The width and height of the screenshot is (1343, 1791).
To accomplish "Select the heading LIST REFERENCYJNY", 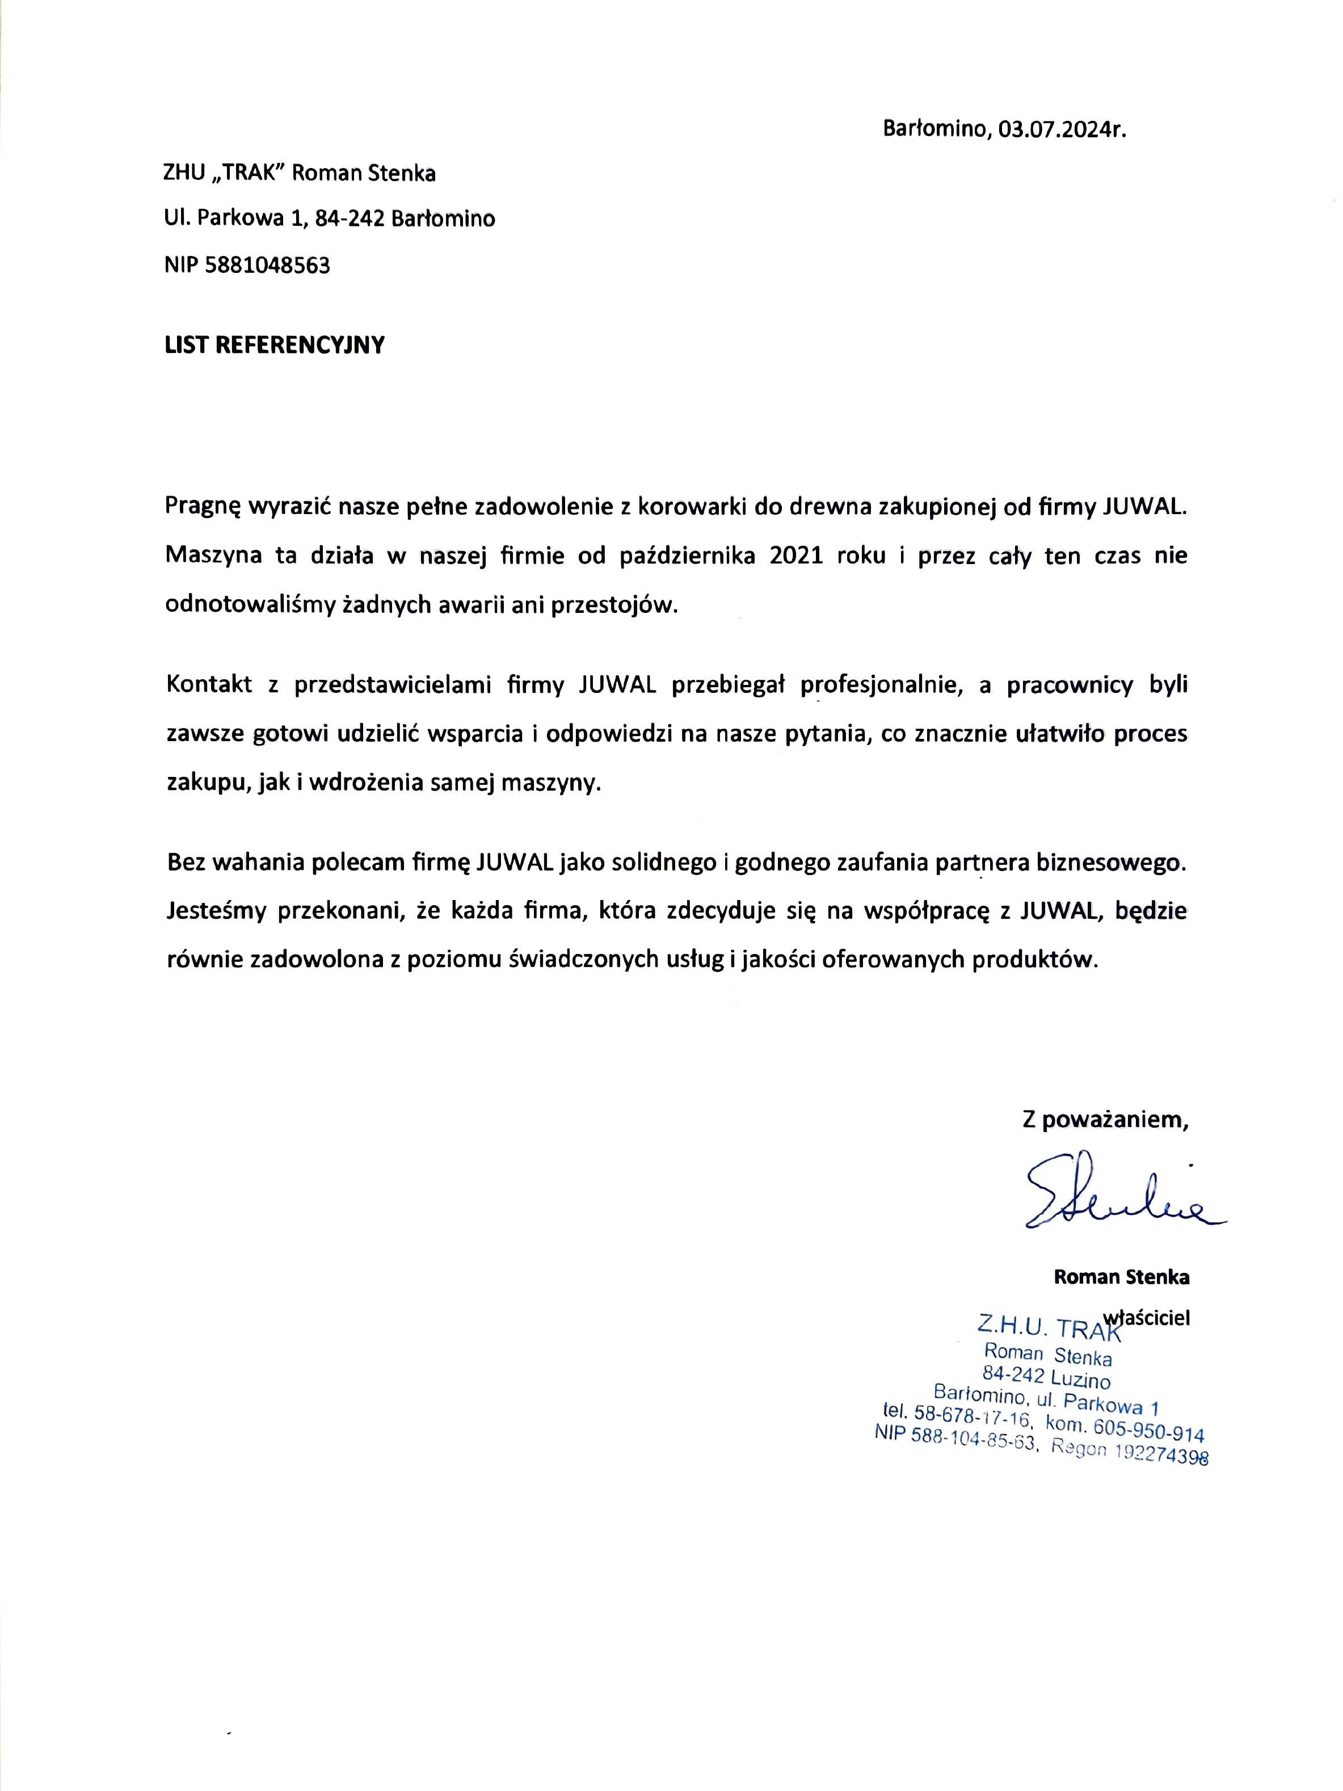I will [275, 345].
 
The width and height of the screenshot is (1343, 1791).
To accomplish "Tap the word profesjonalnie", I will [881, 685].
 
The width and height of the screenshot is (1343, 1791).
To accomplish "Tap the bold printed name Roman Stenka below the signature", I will [1121, 1277].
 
